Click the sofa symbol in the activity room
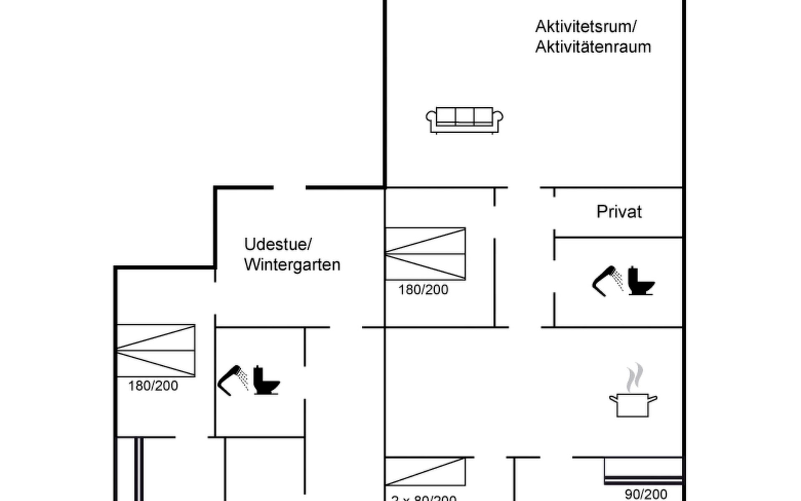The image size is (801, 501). coord(464,120)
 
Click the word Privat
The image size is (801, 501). coord(619,212)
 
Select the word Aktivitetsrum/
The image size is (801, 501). coord(586,26)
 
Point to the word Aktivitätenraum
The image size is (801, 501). coord(593,47)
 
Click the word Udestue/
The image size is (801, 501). coord(278,244)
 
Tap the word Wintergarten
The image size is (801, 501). coord(292,265)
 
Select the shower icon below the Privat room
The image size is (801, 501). coord(607,281)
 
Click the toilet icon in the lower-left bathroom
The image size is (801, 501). coord(266,380)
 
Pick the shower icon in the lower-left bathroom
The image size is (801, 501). coord(232,380)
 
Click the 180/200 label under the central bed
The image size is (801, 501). coord(423,290)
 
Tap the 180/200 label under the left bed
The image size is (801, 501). coord(153,386)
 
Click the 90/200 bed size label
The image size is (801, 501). coord(646,494)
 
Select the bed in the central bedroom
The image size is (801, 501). coord(425,254)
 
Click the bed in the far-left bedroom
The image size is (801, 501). coord(156,351)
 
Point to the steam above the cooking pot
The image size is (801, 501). coord(635,377)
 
